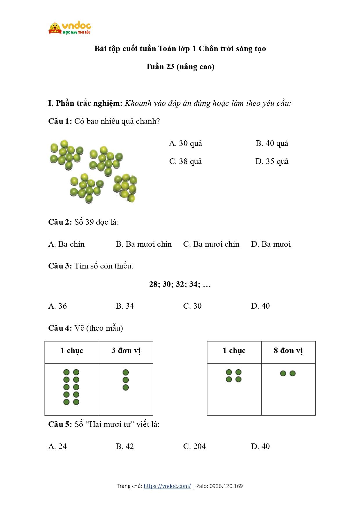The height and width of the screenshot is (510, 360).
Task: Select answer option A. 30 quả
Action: [x=185, y=144]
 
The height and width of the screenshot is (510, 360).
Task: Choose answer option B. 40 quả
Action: [x=272, y=144]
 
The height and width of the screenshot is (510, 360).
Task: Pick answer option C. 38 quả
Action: [x=185, y=162]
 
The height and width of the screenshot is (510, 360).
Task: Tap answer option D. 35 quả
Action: [x=272, y=162]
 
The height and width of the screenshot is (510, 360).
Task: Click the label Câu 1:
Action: [x=60, y=121]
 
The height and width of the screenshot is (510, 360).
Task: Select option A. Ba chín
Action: [x=66, y=244]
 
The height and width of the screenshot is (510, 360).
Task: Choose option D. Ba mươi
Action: [x=271, y=244]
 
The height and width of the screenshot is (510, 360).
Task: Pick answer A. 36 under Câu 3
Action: [x=57, y=306]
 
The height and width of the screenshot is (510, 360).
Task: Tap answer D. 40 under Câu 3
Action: [x=260, y=306]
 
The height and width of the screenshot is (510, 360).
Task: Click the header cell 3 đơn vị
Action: [x=126, y=351]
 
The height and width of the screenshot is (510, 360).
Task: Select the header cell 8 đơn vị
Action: [x=288, y=351]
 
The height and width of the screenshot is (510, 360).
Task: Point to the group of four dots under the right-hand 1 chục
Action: [x=234, y=376]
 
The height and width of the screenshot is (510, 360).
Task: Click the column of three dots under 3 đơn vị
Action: [x=126, y=380]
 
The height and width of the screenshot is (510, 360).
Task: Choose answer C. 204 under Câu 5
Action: [x=194, y=446]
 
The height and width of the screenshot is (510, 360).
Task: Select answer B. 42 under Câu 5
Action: [x=125, y=446]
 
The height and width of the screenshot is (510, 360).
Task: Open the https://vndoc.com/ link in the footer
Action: [x=167, y=486]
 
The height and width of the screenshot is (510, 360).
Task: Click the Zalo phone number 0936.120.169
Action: [x=226, y=486]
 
